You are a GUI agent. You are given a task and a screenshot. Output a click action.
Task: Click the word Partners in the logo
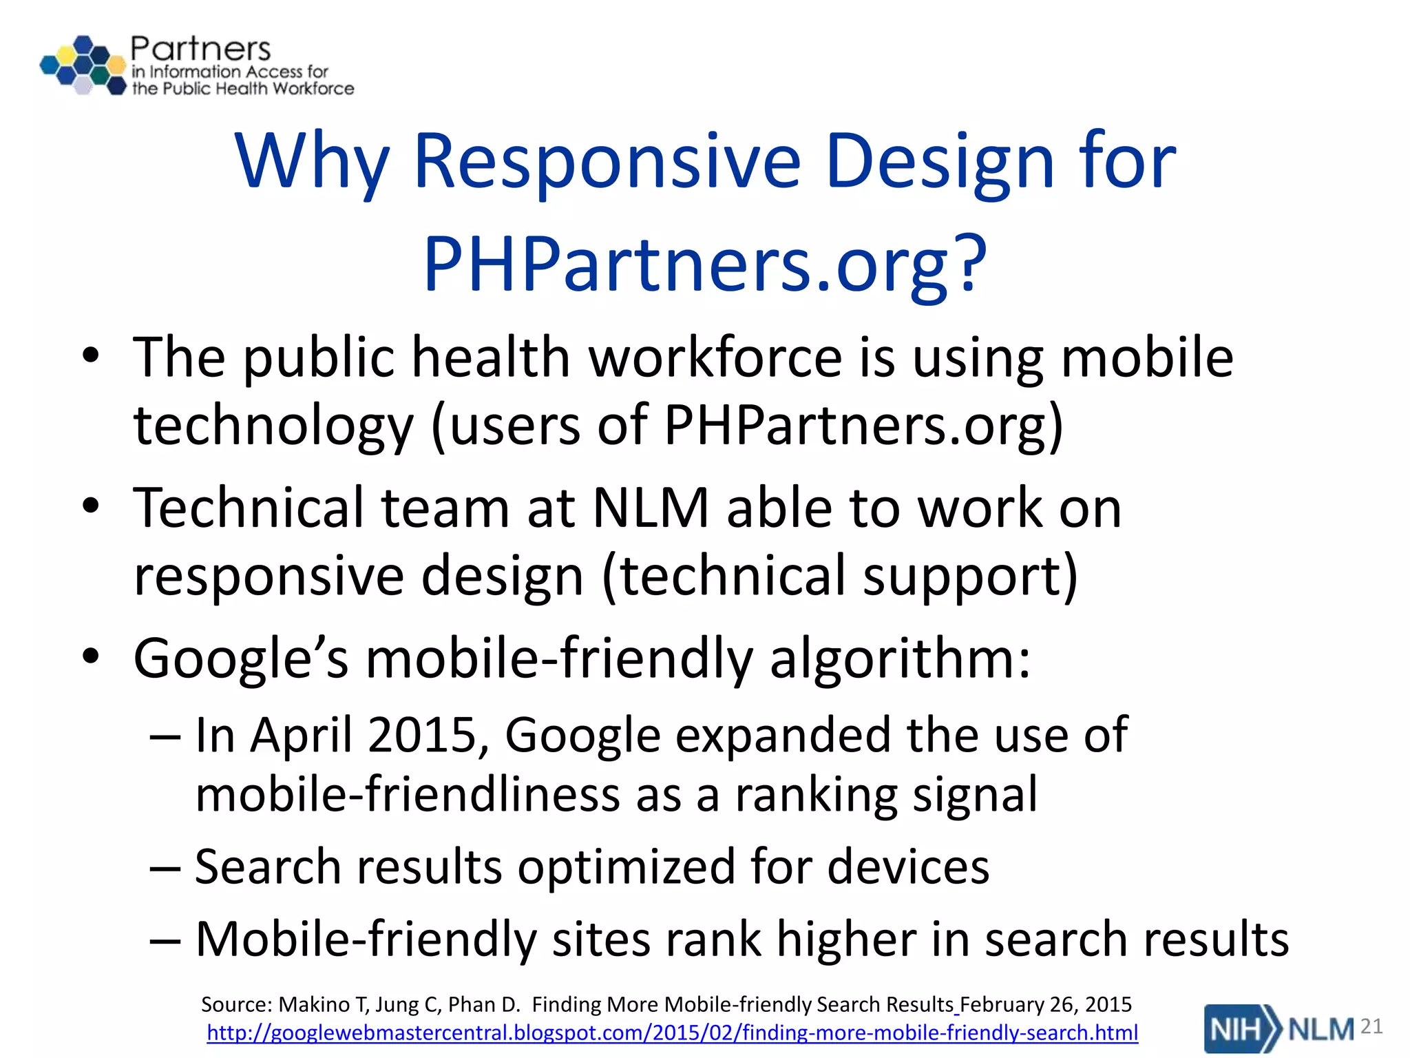200,49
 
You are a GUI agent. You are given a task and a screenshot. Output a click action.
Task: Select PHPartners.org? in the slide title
705,264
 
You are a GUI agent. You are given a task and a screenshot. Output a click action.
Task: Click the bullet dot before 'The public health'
90,356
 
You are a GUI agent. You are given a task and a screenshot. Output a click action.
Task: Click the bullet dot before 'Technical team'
90,507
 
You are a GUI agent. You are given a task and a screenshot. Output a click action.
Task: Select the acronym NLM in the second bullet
651,508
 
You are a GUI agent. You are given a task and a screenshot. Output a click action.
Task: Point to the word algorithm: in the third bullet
900,658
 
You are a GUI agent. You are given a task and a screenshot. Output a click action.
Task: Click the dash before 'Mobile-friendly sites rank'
165,940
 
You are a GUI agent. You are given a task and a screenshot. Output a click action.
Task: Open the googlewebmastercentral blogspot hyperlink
672,1033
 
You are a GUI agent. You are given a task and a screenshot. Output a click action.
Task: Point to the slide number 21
1371,1027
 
